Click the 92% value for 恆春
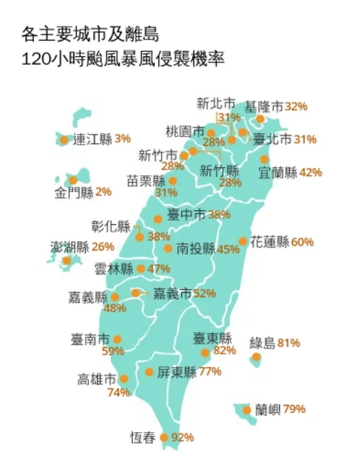click(x=183, y=437)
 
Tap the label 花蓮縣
click(x=270, y=242)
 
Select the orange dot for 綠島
click(x=256, y=357)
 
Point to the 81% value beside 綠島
click(x=289, y=343)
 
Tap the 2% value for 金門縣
click(x=103, y=192)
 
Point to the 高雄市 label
click(x=98, y=379)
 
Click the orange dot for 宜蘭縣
click(x=264, y=159)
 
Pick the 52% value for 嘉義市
click(x=204, y=293)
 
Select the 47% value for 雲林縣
click(x=158, y=268)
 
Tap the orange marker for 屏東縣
click(x=149, y=372)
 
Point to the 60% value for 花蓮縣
click(x=303, y=242)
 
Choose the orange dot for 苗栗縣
click(x=173, y=181)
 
